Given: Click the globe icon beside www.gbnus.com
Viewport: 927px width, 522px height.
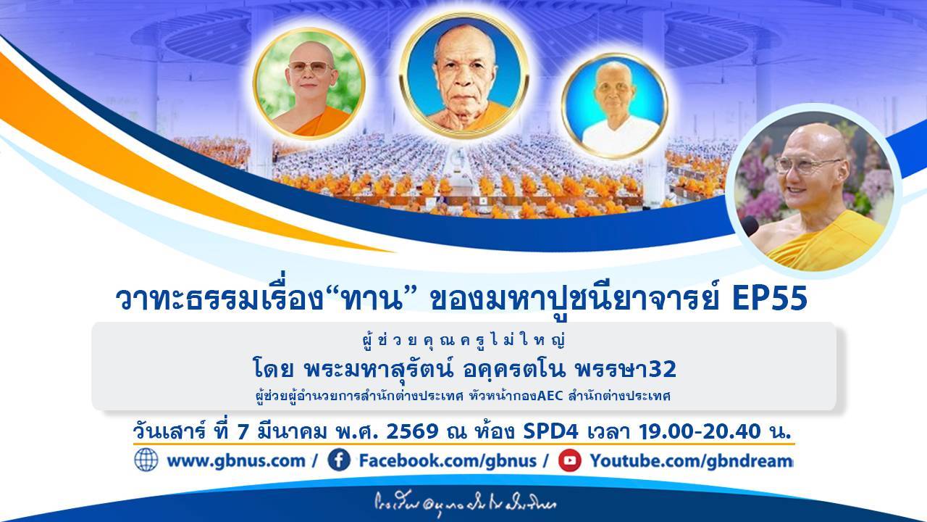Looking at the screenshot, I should pyautogui.click(x=146, y=460).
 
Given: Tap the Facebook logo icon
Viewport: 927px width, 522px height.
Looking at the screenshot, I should pyautogui.click(x=338, y=460).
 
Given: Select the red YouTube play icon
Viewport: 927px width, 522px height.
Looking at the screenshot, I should pyautogui.click(x=569, y=460).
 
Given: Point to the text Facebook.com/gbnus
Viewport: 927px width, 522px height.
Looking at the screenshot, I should pyautogui.click(x=448, y=460).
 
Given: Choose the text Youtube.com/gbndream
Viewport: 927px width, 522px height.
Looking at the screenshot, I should pyautogui.click(x=691, y=460).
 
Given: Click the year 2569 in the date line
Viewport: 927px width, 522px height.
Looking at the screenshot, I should pyautogui.click(x=413, y=432).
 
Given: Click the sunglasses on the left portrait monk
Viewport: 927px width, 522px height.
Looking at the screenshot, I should pyautogui.click(x=311, y=67).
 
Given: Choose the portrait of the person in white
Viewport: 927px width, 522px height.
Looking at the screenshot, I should pyautogui.click(x=614, y=106).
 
